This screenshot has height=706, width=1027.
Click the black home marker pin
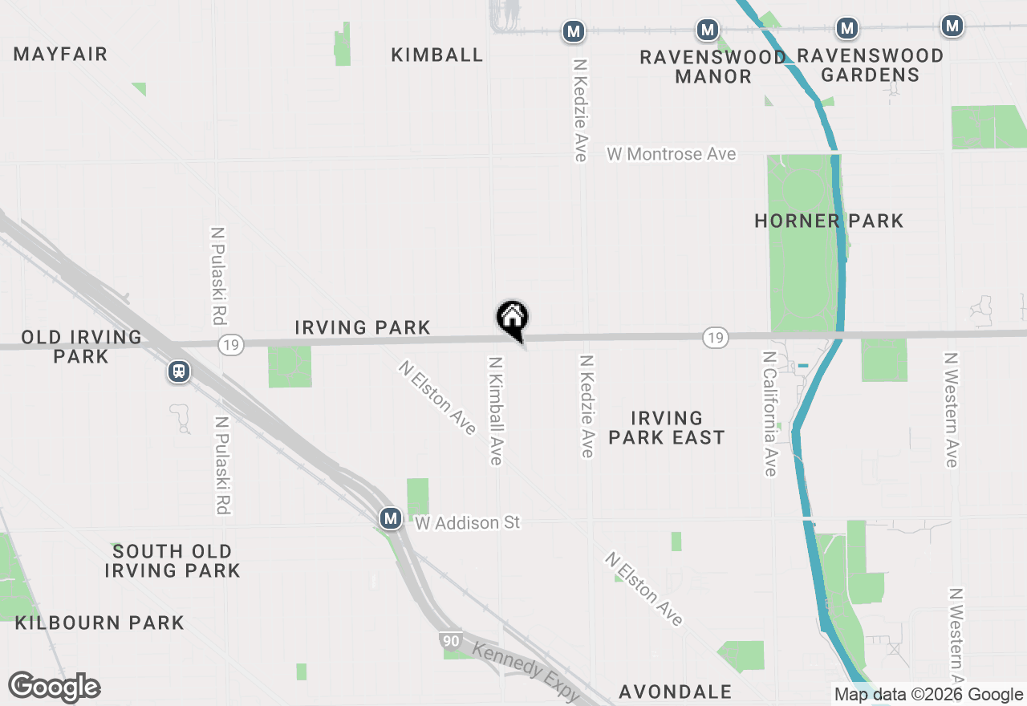tap(513, 319)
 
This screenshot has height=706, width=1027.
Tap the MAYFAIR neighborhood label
tap(60, 55)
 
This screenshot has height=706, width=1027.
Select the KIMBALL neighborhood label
tap(437, 55)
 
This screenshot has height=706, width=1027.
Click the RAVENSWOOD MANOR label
tap(712, 67)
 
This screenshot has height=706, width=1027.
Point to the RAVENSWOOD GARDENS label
tap(870, 65)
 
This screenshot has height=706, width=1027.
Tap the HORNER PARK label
tap(829, 221)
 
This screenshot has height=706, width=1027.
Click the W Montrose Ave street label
tap(671, 154)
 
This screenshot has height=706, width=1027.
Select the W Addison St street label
tap(468, 523)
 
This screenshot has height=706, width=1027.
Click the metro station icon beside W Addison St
tap(391, 519)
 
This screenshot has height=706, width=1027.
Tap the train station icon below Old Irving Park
tap(179, 371)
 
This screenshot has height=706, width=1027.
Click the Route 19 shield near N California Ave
tap(715, 338)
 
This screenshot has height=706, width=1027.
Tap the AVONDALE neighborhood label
tap(675, 692)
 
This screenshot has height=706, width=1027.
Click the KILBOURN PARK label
tap(99, 623)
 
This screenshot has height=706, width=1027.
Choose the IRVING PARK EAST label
tap(666, 428)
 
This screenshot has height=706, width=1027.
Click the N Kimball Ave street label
tap(495, 411)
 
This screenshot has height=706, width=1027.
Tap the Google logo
tap(54, 688)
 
